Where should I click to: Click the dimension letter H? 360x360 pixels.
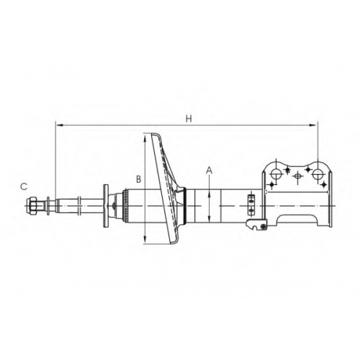(x=189, y=119)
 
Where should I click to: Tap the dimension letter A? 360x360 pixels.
(x=210, y=170)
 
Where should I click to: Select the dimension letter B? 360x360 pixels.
(x=139, y=179)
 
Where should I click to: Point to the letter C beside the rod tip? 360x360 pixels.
(x=24, y=186)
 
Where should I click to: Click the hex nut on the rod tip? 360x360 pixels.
(x=32, y=206)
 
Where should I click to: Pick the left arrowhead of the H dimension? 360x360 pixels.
(x=58, y=125)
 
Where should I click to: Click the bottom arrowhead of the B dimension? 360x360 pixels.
(x=145, y=239)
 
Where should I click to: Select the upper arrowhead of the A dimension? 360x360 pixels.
(x=210, y=194)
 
